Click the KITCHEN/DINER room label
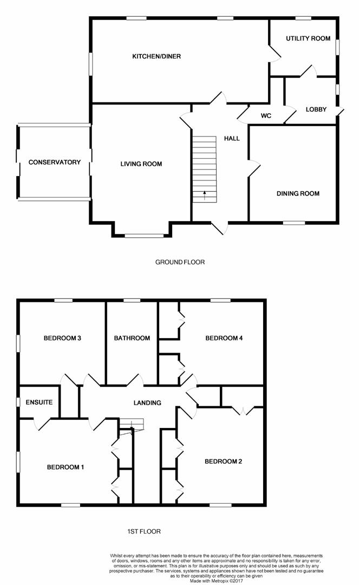(156, 56)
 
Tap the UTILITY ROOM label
(308, 38)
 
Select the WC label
(266, 116)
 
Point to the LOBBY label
(316, 109)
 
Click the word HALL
(232, 139)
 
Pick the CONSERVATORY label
(55, 162)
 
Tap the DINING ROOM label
(298, 193)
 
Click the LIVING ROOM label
(141, 164)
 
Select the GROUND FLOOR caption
(180, 262)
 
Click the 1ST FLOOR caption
(144, 531)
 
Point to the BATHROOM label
(132, 339)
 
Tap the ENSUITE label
(39, 402)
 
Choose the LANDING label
(147, 403)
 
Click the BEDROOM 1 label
(66, 467)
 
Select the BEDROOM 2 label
(224, 461)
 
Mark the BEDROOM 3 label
(62, 339)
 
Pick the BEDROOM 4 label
(224, 339)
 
